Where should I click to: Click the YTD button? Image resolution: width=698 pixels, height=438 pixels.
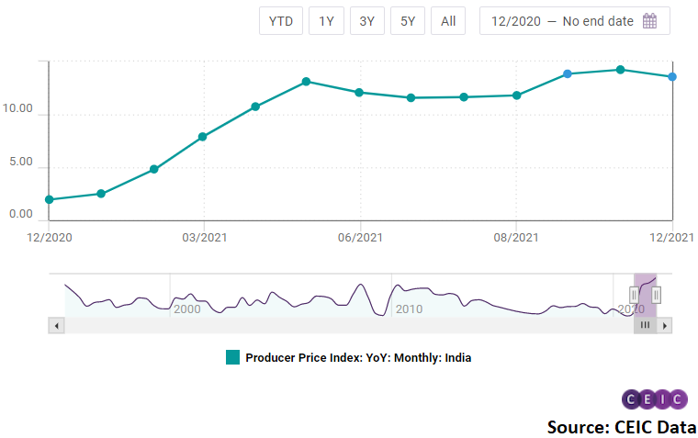(x=281, y=21)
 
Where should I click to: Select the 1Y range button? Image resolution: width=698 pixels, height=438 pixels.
(x=326, y=21)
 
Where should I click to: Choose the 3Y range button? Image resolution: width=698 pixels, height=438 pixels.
(x=366, y=21)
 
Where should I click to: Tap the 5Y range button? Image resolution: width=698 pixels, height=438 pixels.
(x=407, y=21)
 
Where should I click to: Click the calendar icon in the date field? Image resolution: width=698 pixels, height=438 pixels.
(x=649, y=21)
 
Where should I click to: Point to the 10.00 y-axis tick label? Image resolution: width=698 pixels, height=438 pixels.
(x=17, y=110)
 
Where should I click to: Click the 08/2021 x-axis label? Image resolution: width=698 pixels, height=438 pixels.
(x=516, y=238)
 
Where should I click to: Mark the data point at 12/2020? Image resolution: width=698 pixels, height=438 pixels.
(x=49, y=199)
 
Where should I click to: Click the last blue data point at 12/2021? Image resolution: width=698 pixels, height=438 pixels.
(x=672, y=77)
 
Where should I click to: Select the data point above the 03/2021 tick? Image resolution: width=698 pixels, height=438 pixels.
(x=202, y=137)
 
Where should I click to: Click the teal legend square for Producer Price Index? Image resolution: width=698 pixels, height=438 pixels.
(x=232, y=357)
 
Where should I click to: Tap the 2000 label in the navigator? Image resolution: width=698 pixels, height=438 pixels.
(x=186, y=309)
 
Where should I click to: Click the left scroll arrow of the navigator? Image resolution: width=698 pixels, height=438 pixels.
(x=56, y=325)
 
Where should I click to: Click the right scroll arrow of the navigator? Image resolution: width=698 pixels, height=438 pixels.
(x=665, y=325)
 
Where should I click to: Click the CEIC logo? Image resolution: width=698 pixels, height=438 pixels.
(x=654, y=399)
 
